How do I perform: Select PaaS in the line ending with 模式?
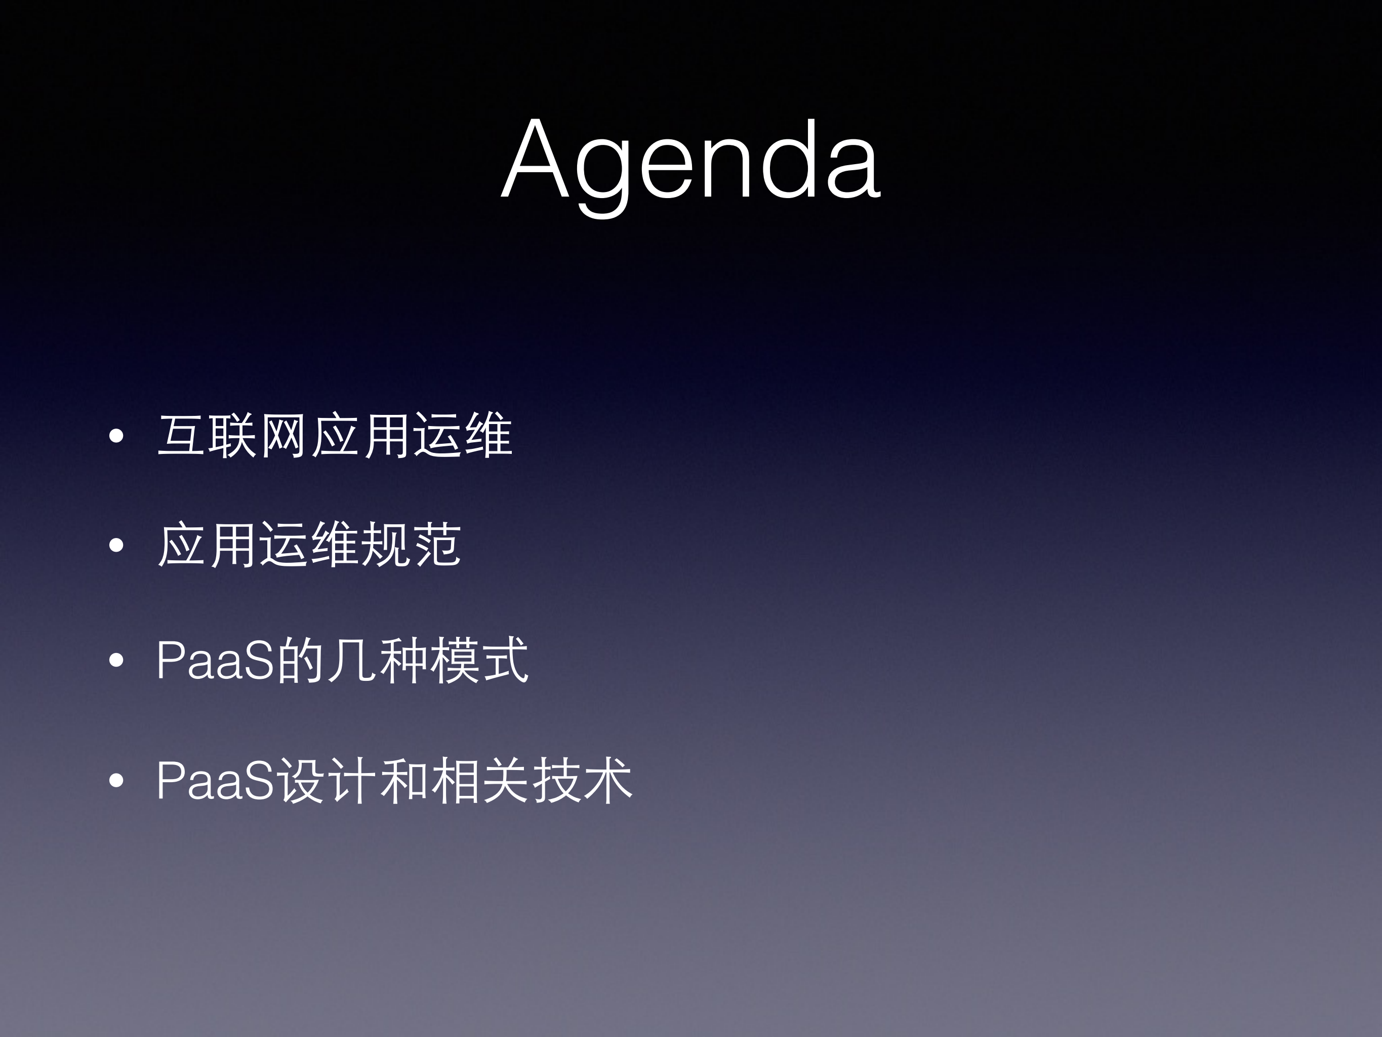pos(215,660)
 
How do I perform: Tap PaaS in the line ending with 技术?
pos(215,780)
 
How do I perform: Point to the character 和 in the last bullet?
pos(402,780)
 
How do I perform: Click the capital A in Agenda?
pos(535,160)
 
